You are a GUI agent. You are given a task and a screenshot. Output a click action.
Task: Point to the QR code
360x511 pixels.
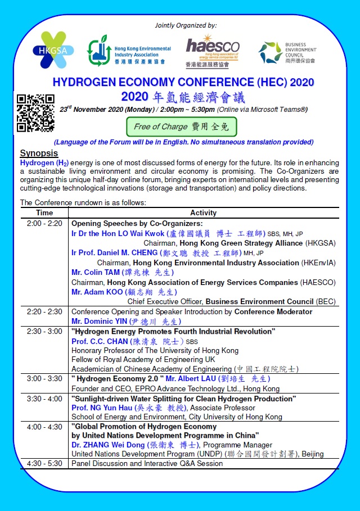(x=35, y=112)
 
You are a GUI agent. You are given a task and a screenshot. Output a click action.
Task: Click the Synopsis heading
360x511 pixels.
(x=39, y=153)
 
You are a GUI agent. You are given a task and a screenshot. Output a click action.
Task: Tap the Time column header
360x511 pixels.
(x=44, y=213)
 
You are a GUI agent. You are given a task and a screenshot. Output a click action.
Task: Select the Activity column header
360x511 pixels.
(x=203, y=213)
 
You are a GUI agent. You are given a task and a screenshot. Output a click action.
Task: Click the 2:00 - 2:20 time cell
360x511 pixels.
(x=44, y=223)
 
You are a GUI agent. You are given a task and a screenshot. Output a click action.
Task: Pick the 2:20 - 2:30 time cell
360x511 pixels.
(x=44, y=311)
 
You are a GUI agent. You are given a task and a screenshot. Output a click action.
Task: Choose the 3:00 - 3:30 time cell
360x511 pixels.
(x=44, y=379)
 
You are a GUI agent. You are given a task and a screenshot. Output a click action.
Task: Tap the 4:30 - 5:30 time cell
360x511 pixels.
(x=44, y=464)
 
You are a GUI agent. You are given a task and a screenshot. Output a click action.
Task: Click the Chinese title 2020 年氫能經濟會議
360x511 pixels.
(x=183, y=96)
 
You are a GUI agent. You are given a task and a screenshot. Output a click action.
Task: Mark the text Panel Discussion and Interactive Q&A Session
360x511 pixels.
(x=147, y=464)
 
